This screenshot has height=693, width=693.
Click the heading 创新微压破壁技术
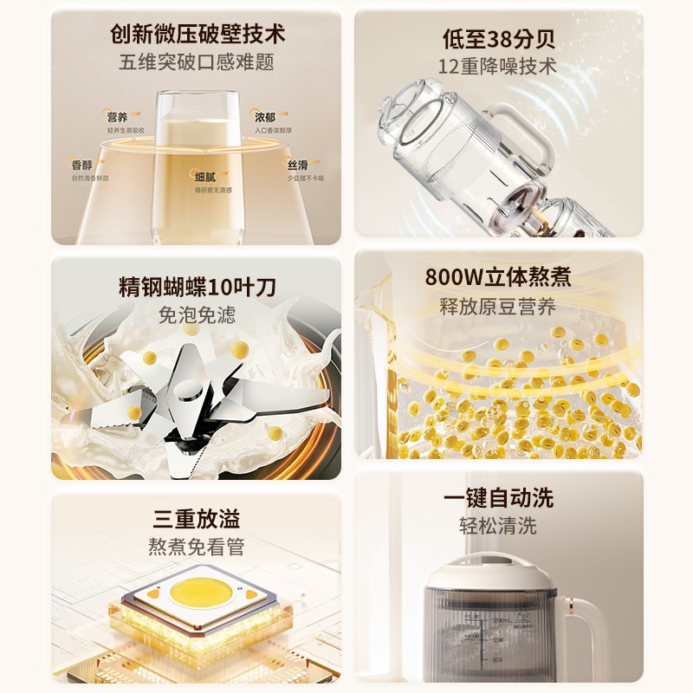(198, 35)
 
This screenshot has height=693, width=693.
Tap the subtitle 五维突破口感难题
(198, 62)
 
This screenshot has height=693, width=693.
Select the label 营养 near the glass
(117, 117)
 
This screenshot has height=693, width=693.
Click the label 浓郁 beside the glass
(264, 116)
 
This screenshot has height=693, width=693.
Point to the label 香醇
(83, 164)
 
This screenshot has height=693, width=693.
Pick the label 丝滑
(297, 164)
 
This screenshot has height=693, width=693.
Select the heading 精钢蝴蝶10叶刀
(198, 287)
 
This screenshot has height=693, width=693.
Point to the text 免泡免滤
(198, 314)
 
